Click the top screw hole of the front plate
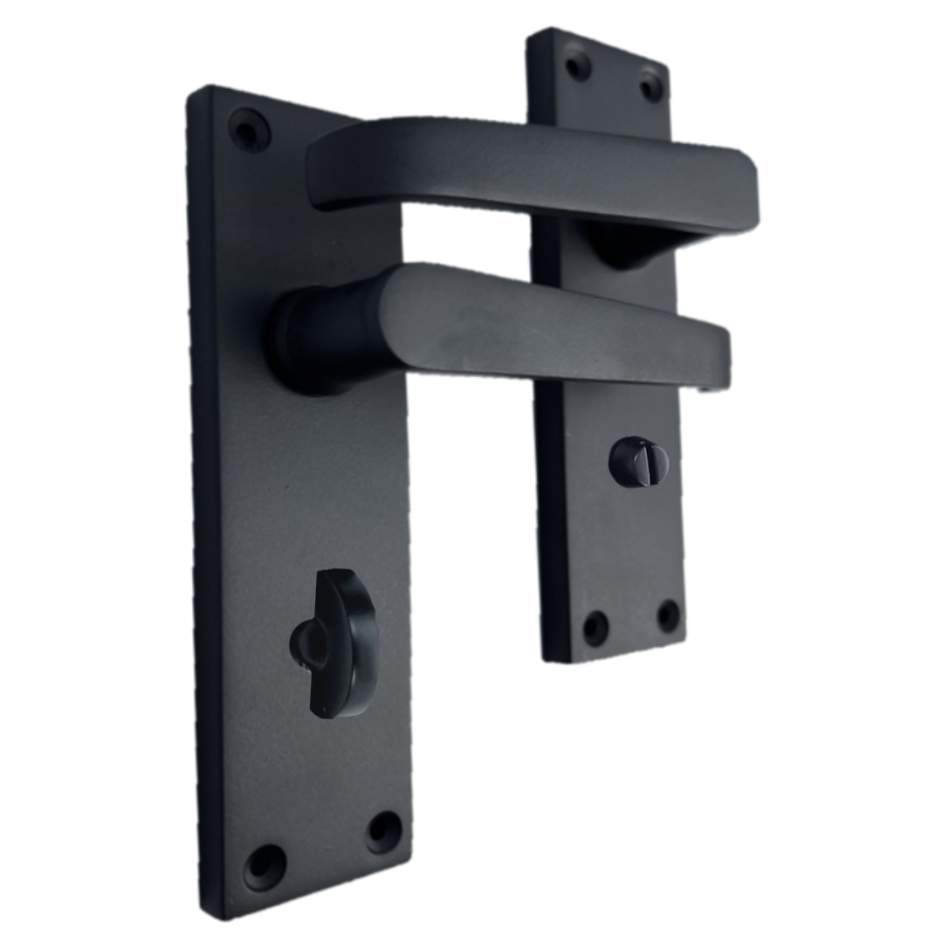click(250, 131)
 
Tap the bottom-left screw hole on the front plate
click(264, 866)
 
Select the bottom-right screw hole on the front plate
click(383, 831)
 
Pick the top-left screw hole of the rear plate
click(577, 65)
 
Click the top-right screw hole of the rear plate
click(650, 86)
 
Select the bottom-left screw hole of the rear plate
click(595, 627)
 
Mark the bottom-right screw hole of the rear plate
click(668, 615)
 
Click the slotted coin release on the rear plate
click(638, 461)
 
